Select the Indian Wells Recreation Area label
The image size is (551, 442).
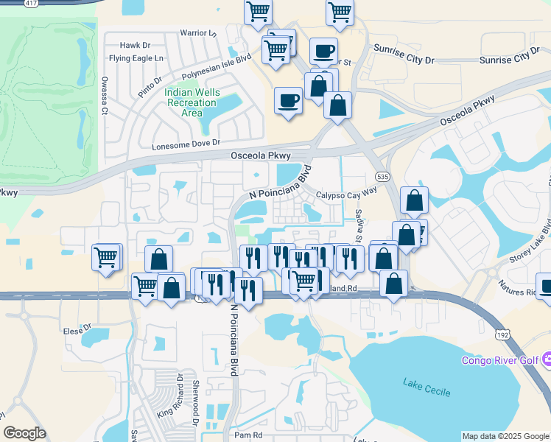192,102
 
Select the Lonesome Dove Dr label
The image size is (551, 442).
186,145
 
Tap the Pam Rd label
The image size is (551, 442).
248,435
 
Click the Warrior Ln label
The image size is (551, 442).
198,33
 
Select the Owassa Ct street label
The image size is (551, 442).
105,95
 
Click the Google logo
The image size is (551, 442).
24,433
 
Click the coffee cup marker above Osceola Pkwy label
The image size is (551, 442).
288,99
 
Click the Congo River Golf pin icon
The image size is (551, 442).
546,360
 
